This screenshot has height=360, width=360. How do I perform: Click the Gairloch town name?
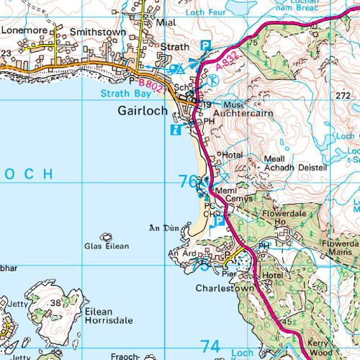pos(142,112)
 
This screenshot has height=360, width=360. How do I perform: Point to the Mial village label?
pos(165,22)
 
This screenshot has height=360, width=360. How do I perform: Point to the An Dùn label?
pos(162,228)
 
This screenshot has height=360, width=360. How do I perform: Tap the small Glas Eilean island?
pos(109,236)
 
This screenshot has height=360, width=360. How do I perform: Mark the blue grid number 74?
pos(210,347)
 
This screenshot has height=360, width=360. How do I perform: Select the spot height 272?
pos(343,95)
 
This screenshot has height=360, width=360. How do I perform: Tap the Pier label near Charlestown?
pos(229,274)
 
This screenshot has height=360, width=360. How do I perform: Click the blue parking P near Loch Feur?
pos(206,45)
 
